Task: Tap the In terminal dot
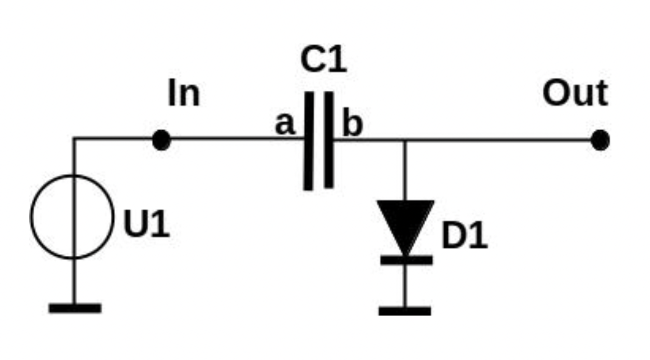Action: pyautogui.click(x=161, y=140)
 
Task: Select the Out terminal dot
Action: pyautogui.click(x=600, y=140)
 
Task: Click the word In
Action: pyautogui.click(x=184, y=94)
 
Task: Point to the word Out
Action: pyautogui.click(x=575, y=94)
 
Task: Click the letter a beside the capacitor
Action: pyautogui.click(x=285, y=124)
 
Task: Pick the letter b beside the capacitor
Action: pyautogui.click(x=353, y=124)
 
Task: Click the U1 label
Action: pyautogui.click(x=146, y=224)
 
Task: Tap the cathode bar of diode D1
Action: pyautogui.click(x=406, y=260)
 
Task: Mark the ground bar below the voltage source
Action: pyautogui.click(x=75, y=308)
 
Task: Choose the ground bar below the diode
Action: pyautogui.click(x=405, y=311)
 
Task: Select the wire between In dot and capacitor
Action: pyautogui.click(x=233, y=139)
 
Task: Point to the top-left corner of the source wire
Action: pyautogui.click(x=74, y=139)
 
